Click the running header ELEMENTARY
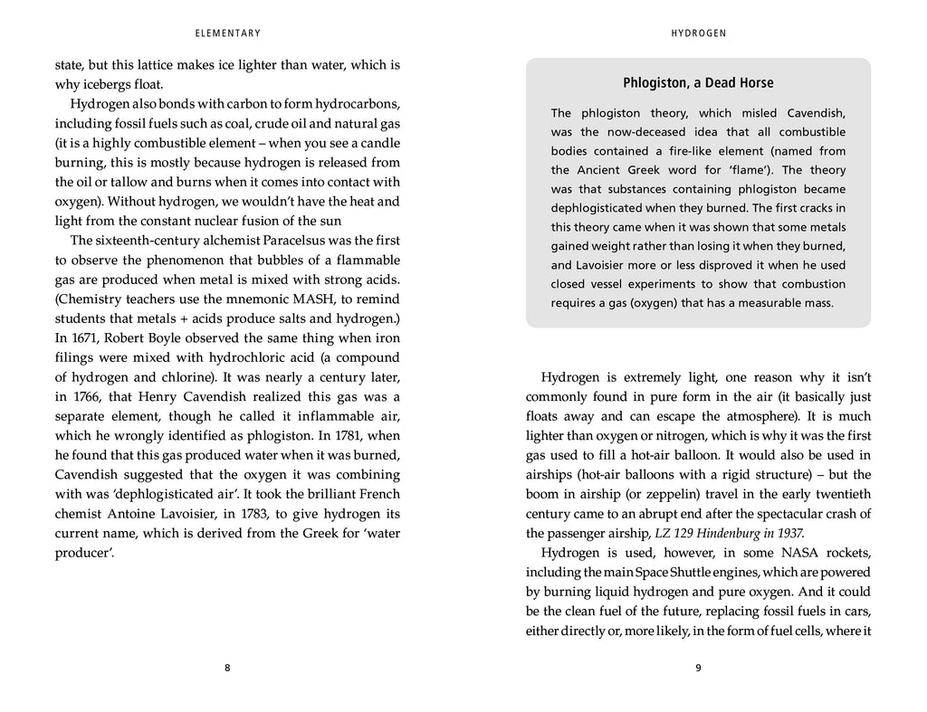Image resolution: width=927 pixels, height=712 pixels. (227, 33)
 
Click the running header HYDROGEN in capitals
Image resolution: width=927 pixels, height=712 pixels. (698, 33)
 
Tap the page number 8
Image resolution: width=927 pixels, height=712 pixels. (227, 669)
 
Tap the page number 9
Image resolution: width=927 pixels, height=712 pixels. (698, 669)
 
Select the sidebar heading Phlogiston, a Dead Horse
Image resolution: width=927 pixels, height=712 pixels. (698, 83)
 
